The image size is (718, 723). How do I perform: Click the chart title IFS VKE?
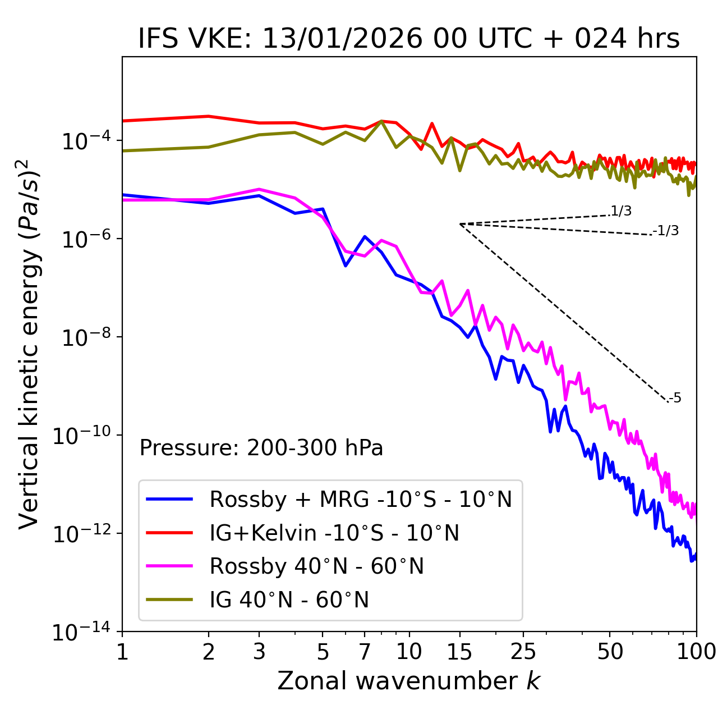409,39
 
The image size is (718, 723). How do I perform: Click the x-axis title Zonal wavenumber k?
408,680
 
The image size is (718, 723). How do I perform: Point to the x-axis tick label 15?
459,652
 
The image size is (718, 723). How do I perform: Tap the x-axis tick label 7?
365,652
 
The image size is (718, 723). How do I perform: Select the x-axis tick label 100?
696,652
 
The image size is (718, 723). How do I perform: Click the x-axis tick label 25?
523,652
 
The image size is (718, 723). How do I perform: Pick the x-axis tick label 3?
259,652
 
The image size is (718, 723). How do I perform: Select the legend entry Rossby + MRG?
361,499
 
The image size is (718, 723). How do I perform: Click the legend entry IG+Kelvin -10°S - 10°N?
334,533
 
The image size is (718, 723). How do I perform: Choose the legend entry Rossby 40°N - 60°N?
316,566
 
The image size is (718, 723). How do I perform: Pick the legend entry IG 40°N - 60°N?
289,600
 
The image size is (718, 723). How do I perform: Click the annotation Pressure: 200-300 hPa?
261,448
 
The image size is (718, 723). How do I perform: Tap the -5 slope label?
675,398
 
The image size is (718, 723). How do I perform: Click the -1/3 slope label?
666,231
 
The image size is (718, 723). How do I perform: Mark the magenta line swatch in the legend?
169,566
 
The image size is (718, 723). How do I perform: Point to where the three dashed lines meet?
459,224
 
